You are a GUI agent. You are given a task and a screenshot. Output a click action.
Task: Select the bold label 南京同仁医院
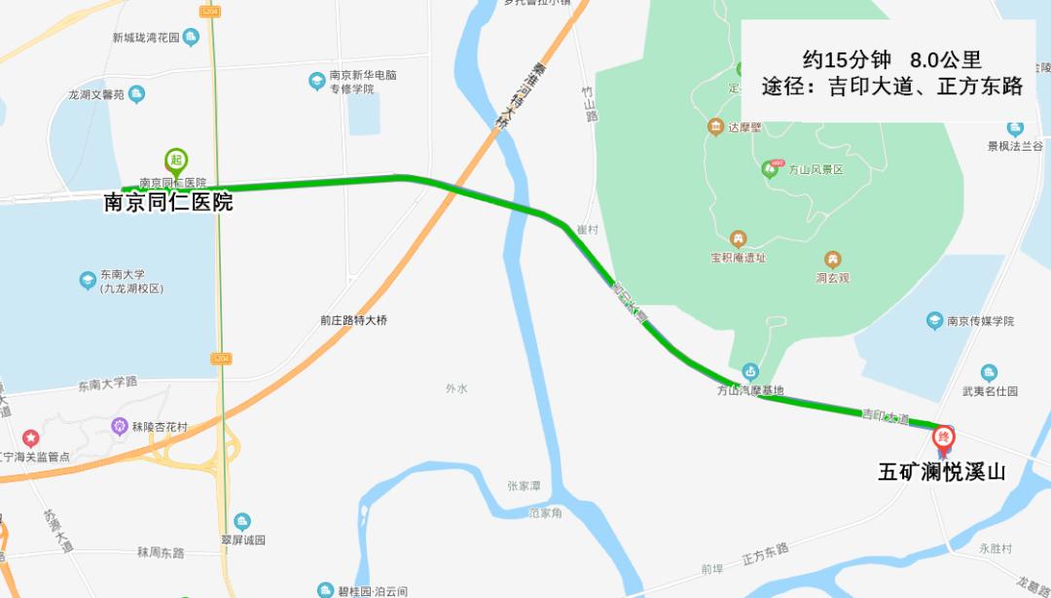coord(168,203)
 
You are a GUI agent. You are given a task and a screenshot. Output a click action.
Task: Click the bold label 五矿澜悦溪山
coord(941,473)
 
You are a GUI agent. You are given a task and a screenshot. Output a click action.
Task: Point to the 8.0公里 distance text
coord(945,58)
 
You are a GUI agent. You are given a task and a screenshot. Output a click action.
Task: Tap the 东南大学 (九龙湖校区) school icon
coord(89,280)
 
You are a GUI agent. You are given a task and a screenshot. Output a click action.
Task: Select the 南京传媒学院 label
coord(981,321)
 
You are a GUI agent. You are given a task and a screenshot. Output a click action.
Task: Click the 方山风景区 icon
coord(770,169)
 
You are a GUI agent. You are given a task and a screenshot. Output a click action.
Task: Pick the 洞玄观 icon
coord(833,260)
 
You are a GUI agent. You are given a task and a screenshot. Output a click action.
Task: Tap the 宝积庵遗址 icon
coord(738,239)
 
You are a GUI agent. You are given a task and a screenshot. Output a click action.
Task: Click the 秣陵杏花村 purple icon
coord(120,425)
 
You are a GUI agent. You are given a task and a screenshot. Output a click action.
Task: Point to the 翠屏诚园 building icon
coord(242,521)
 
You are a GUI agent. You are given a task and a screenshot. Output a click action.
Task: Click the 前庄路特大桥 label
coord(360,319)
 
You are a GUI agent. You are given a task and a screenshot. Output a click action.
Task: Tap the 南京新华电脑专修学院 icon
coord(316,81)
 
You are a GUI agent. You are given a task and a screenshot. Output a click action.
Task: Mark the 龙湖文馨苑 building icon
coord(137,94)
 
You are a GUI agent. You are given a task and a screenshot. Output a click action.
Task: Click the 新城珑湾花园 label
coord(146,38)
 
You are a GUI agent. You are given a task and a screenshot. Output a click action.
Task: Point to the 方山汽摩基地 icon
coord(749,371)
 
